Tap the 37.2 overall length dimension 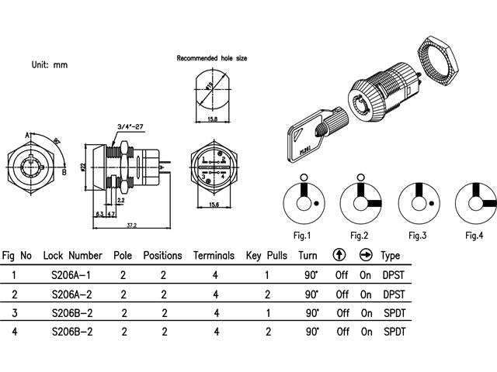click(x=131, y=225)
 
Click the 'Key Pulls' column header click(x=266, y=255)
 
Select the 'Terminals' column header click(x=214, y=255)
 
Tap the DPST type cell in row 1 click(x=392, y=274)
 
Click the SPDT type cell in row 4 click(x=392, y=332)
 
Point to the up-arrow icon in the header click(x=339, y=255)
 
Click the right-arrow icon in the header click(x=366, y=255)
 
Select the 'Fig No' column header click(x=17, y=255)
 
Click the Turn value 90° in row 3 click(x=311, y=313)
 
